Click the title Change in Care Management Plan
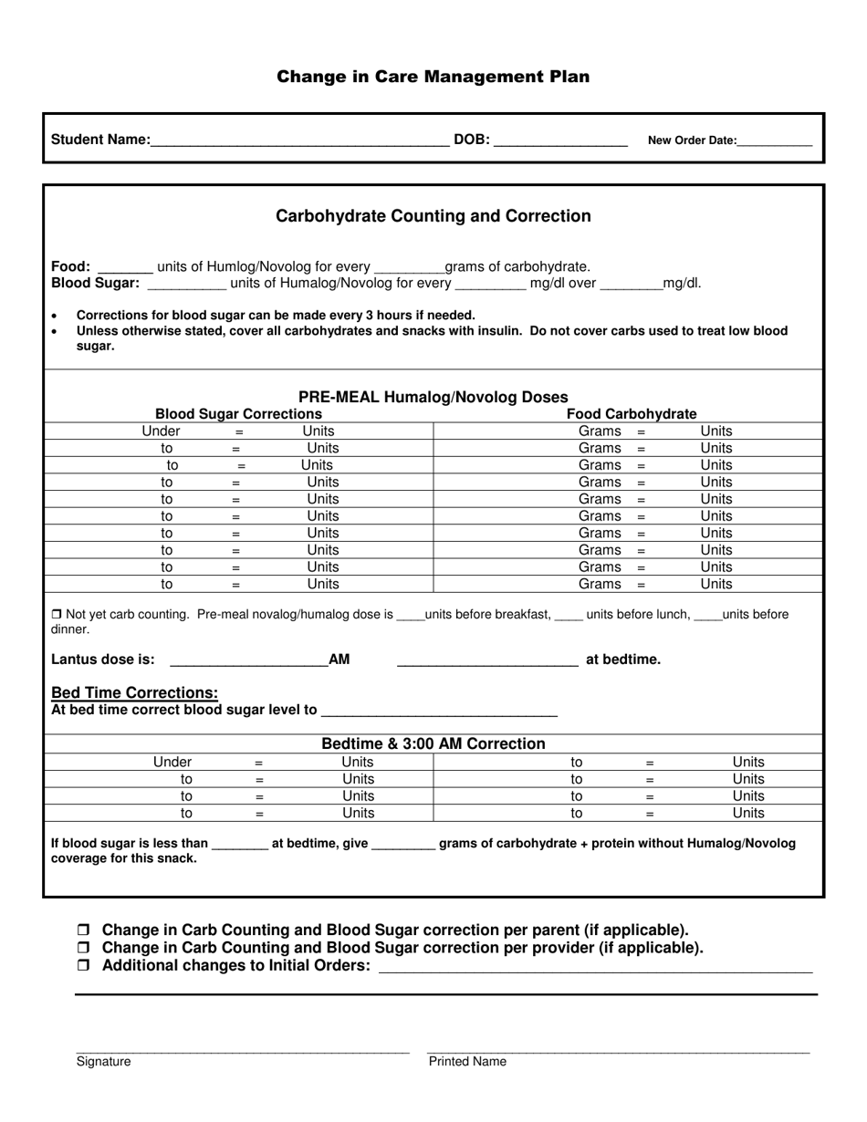click(x=433, y=77)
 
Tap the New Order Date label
click(x=691, y=140)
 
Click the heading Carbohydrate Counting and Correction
click(x=433, y=216)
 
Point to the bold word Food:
click(x=71, y=266)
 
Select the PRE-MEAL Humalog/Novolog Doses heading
click(x=433, y=397)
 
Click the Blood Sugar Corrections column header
click(x=238, y=414)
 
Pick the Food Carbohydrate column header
click(x=632, y=414)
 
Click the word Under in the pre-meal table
click(x=162, y=431)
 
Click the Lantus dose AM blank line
click(x=248, y=660)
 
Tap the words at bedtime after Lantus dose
click(x=622, y=660)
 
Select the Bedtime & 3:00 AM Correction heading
click(x=433, y=744)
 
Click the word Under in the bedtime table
click(x=172, y=763)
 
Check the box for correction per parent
click(x=84, y=930)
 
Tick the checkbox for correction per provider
click(x=84, y=948)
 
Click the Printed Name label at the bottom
click(x=467, y=1062)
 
